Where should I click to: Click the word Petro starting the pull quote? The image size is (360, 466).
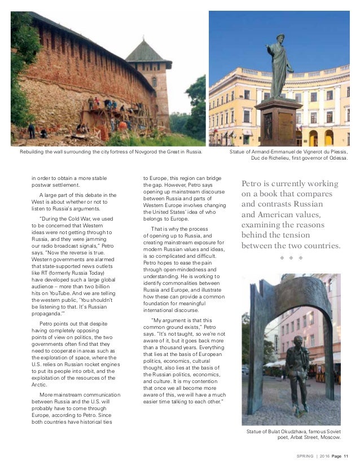[253, 184]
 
